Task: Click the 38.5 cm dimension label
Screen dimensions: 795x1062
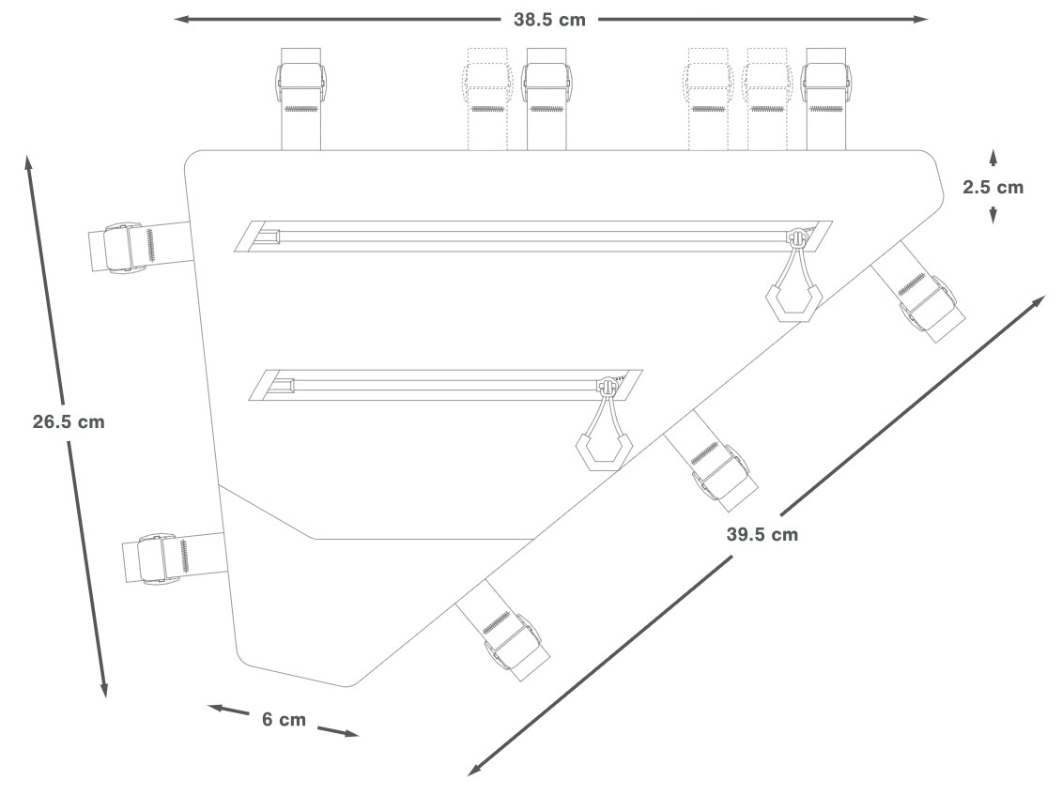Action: tap(548, 19)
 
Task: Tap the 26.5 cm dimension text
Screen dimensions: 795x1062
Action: tap(69, 421)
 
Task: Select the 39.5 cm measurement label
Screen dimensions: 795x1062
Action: tap(762, 534)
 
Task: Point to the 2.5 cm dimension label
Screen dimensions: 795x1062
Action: tap(993, 187)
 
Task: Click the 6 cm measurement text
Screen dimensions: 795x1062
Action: tap(284, 720)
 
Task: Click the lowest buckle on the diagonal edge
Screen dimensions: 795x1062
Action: tap(506, 639)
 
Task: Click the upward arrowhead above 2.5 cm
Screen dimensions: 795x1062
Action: tap(993, 153)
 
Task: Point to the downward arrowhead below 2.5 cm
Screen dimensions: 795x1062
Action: tap(993, 218)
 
